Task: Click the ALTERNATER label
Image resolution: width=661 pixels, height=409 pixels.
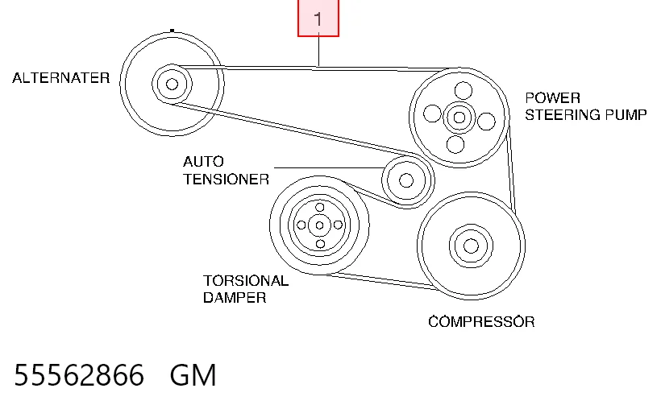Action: pyautogui.click(x=60, y=78)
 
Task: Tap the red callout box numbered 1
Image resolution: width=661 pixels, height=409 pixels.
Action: pyautogui.click(x=318, y=18)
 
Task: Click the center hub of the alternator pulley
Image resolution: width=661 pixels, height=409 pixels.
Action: pyautogui.click(x=172, y=85)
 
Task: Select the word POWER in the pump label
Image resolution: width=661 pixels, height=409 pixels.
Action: pyautogui.click(x=553, y=98)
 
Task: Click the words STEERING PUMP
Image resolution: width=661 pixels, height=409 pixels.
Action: pyautogui.click(x=586, y=114)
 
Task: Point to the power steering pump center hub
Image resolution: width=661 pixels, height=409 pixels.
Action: pyautogui.click(x=459, y=117)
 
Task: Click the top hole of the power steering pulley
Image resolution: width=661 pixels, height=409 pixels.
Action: pyautogui.click(x=464, y=90)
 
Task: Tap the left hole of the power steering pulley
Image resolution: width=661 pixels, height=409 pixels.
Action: pyautogui.click(x=432, y=114)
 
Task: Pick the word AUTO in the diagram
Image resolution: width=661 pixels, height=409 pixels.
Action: pyautogui.click(x=203, y=162)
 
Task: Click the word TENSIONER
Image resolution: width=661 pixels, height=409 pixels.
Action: pyautogui.click(x=226, y=180)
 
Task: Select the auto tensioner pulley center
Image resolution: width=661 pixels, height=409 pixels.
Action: pyautogui.click(x=406, y=180)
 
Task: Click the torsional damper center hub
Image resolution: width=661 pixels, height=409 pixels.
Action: pyautogui.click(x=319, y=225)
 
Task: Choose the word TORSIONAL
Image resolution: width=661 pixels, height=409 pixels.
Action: pyautogui.click(x=246, y=280)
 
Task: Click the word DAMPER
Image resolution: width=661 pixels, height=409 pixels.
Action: pyautogui.click(x=235, y=298)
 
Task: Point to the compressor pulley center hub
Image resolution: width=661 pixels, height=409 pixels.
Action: pyautogui.click(x=471, y=246)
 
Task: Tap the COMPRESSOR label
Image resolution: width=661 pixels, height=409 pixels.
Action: pyautogui.click(x=481, y=322)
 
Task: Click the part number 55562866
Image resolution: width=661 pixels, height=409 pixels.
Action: pyautogui.click(x=79, y=375)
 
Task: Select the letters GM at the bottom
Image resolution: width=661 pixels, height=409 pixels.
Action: pyautogui.click(x=193, y=375)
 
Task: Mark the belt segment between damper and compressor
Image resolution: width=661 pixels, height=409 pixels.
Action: pyautogui.click(x=380, y=280)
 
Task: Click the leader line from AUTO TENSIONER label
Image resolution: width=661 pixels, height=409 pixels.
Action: pyautogui.click(x=329, y=167)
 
